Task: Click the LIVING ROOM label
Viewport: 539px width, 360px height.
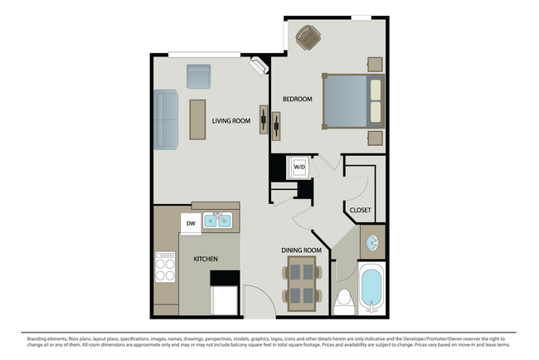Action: tap(231, 121)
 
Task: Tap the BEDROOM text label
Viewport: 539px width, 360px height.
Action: tap(297, 100)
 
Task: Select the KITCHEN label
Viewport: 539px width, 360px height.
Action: tap(206, 260)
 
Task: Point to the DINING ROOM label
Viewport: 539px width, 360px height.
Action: tap(301, 250)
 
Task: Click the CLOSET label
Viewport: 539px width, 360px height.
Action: tap(359, 210)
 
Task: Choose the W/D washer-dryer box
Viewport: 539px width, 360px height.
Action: tap(299, 167)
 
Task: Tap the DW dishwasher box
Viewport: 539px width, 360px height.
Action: tap(190, 222)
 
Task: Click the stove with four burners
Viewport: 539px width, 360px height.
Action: tap(166, 268)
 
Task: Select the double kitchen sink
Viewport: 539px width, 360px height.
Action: tap(218, 221)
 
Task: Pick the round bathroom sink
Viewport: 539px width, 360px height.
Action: tap(373, 243)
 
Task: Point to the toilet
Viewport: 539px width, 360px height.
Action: tap(343, 302)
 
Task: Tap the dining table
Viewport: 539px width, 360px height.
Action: tap(303, 284)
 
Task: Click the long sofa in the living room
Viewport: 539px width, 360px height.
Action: tap(166, 119)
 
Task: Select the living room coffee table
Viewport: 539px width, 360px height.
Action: tap(197, 119)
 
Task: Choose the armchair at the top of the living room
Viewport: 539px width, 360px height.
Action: tap(199, 75)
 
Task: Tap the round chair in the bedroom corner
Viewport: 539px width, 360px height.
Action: tap(308, 37)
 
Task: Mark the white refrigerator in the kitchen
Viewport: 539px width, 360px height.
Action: tap(224, 299)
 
